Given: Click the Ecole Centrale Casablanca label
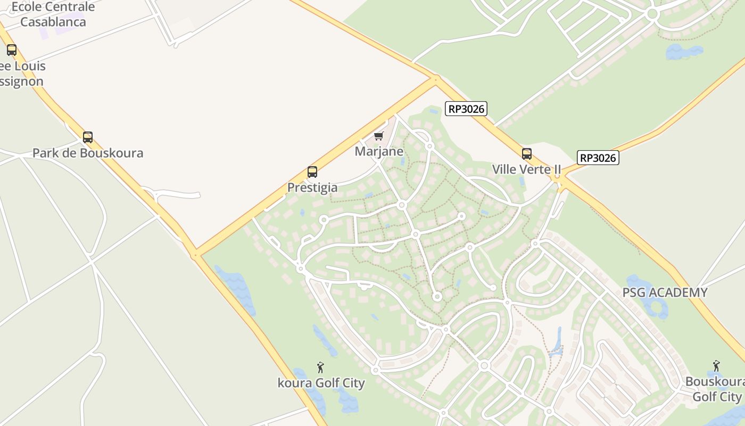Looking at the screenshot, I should (x=53, y=14).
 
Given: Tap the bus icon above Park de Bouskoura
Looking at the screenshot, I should (x=88, y=137).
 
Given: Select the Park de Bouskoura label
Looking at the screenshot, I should (x=88, y=153).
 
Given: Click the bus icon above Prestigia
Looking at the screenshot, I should (x=312, y=172).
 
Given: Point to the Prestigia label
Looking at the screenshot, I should (x=312, y=187).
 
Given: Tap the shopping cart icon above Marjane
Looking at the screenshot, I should (x=379, y=136).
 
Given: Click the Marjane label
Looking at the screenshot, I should (x=379, y=152).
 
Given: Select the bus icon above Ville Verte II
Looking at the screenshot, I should (x=527, y=154).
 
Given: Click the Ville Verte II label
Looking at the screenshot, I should (x=527, y=169).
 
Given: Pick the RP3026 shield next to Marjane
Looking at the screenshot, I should (x=466, y=109).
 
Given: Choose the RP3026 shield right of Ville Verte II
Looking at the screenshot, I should (x=598, y=158).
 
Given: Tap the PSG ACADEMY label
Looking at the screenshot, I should (x=665, y=292).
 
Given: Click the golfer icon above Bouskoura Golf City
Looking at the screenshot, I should (x=716, y=366).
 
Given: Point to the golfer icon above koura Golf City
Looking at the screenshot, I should (x=320, y=367).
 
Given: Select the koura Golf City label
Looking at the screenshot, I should (x=321, y=383).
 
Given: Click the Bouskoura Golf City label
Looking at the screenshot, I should (x=715, y=389).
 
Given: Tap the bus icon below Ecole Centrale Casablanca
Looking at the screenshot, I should (x=12, y=50).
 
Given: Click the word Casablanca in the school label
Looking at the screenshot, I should (x=53, y=22).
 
